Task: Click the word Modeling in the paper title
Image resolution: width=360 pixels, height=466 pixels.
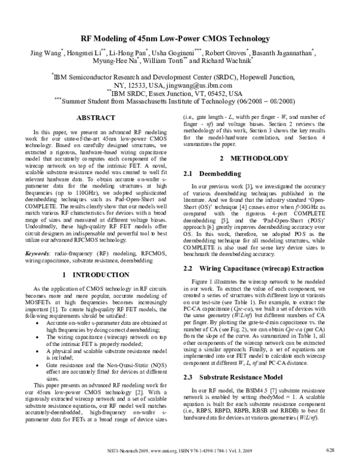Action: tap(125, 37)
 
